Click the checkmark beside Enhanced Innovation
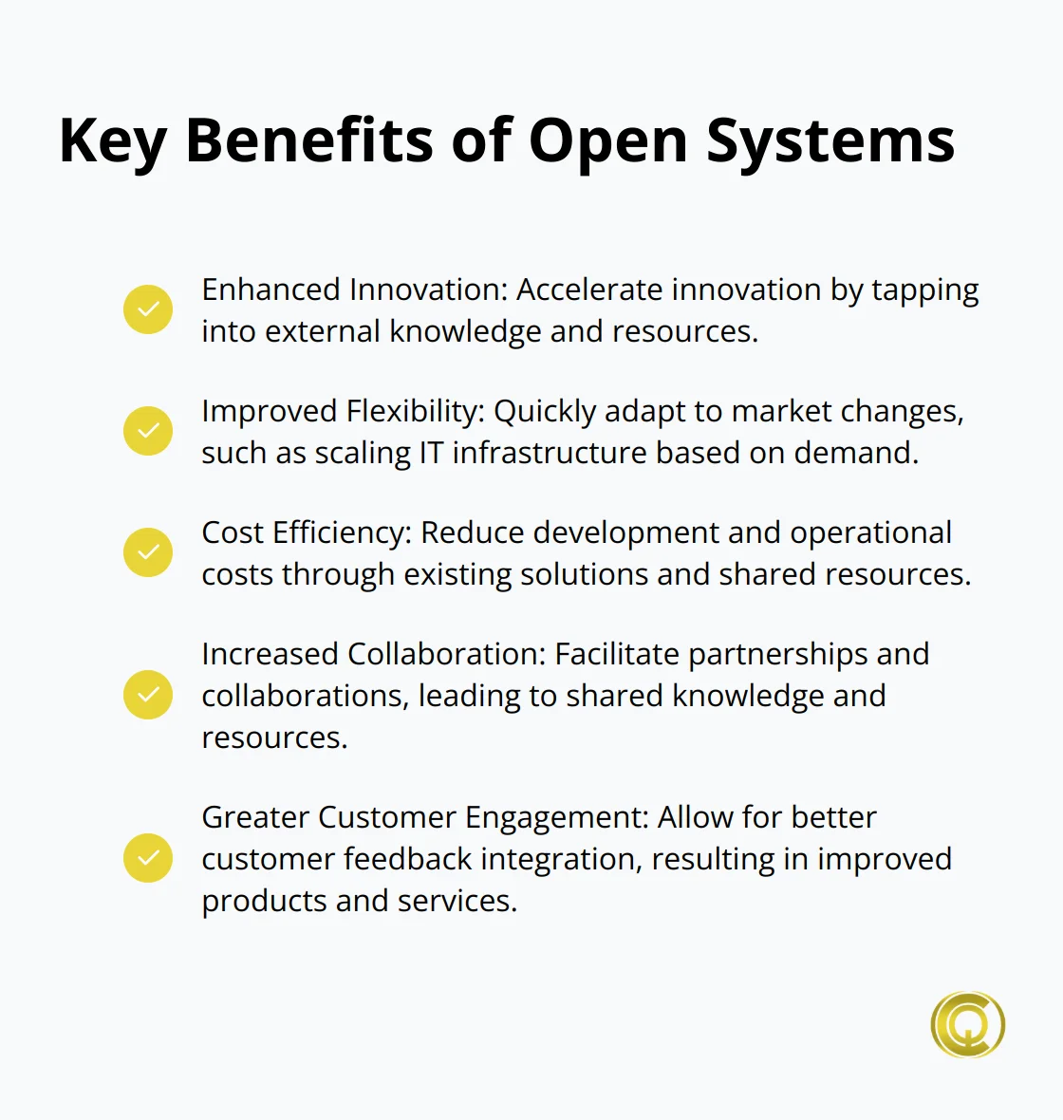148,309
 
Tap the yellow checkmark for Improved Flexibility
148,431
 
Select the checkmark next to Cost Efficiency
148,552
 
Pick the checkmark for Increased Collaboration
148,695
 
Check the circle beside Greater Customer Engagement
148,858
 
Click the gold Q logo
967,1025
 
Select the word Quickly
545,412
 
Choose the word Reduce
472,532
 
